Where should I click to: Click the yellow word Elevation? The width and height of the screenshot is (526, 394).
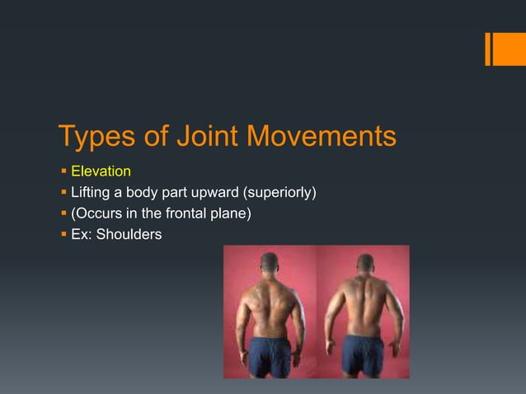(101, 171)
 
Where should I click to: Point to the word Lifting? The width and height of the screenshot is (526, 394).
(90, 193)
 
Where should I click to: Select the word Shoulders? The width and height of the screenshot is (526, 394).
(129, 236)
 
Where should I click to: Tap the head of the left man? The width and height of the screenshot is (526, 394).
(270, 265)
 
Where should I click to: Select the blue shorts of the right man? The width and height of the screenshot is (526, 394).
(364, 352)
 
